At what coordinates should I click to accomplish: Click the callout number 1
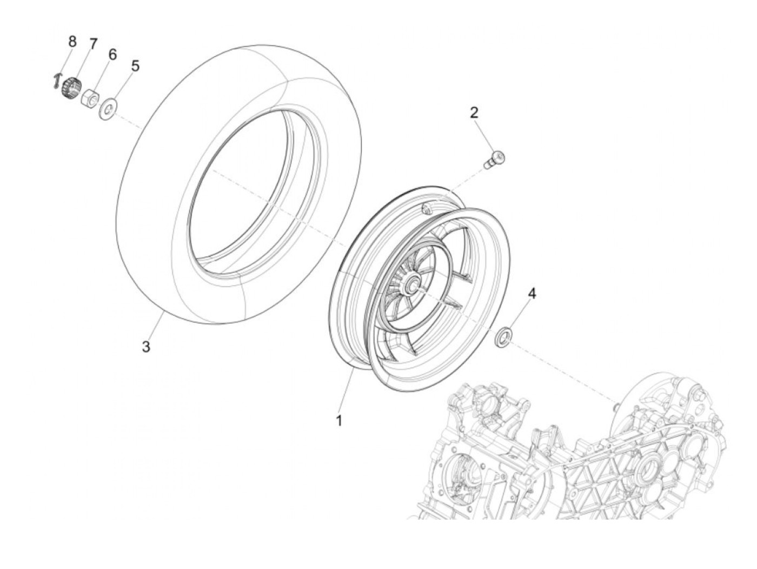[x=339, y=420]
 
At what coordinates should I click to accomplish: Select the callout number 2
[x=474, y=113]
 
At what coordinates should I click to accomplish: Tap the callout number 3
[x=146, y=347]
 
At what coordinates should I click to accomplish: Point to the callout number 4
[x=532, y=294]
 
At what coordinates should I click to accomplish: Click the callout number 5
[x=135, y=66]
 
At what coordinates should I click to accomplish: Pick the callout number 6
[x=112, y=54]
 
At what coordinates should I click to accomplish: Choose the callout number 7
[x=93, y=44]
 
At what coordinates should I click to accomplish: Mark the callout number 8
[x=72, y=41]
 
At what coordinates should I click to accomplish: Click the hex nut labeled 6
[x=90, y=98]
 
